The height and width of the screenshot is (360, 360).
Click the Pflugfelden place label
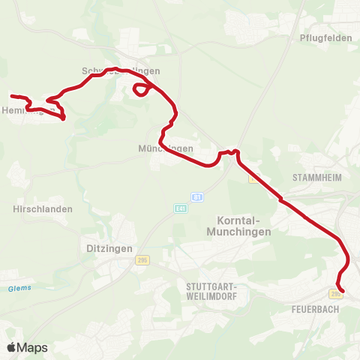pos(325,37)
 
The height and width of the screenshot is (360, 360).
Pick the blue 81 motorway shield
pos(196,196)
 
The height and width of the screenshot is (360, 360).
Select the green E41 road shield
pos(180,208)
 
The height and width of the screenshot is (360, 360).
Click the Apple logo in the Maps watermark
pos(12,347)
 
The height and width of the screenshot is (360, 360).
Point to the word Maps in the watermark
pos(32,347)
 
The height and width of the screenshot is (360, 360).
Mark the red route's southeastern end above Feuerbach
pos(343,291)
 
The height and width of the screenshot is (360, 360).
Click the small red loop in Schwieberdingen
pos(140,90)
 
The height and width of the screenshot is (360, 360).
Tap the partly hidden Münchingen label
pos(166,148)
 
